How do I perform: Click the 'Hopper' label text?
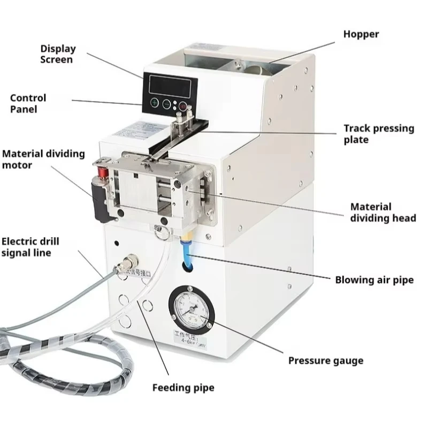click(x=361, y=34)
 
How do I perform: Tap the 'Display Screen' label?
click(x=58, y=54)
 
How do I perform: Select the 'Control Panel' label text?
click(x=28, y=103)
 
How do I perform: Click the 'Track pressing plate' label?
click(x=379, y=134)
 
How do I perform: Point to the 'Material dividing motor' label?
click(x=43, y=159)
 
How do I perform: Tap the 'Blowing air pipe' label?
click(x=374, y=280)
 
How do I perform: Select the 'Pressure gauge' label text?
click(x=325, y=361)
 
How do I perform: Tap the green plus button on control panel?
click(x=155, y=103)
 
